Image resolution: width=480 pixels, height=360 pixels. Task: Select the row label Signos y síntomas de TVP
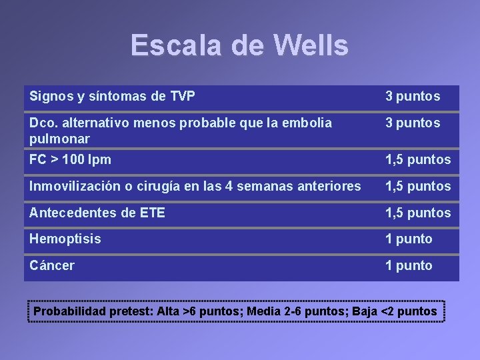pyautogui.click(x=112, y=96)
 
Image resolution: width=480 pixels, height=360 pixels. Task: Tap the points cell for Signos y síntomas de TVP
pyautogui.click(x=413, y=96)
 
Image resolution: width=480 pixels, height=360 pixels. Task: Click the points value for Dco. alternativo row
pyautogui.click(x=413, y=123)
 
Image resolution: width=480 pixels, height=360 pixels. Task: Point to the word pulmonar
pyautogui.click(x=59, y=139)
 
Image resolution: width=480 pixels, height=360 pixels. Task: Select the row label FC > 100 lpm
pyautogui.click(x=71, y=159)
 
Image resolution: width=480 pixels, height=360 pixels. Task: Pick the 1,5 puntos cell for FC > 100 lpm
pyautogui.click(x=418, y=159)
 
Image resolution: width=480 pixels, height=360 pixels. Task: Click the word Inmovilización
pyautogui.click(x=73, y=186)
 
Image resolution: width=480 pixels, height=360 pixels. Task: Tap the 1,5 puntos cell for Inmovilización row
pyautogui.click(x=418, y=186)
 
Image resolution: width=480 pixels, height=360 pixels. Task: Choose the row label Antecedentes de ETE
pyautogui.click(x=97, y=213)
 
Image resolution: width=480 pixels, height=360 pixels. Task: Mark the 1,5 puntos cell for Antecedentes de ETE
pyautogui.click(x=418, y=213)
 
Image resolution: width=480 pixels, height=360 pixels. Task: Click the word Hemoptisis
pyautogui.click(x=65, y=239)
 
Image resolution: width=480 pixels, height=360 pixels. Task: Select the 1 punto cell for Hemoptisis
pyautogui.click(x=409, y=239)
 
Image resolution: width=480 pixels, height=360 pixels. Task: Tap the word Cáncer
pyautogui.click(x=52, y=265)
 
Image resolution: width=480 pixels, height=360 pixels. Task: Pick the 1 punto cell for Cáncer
pyautogui.click(x=409, y=265)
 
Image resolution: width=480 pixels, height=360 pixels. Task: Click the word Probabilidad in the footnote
pyautogui.click(x=71, y=311)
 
